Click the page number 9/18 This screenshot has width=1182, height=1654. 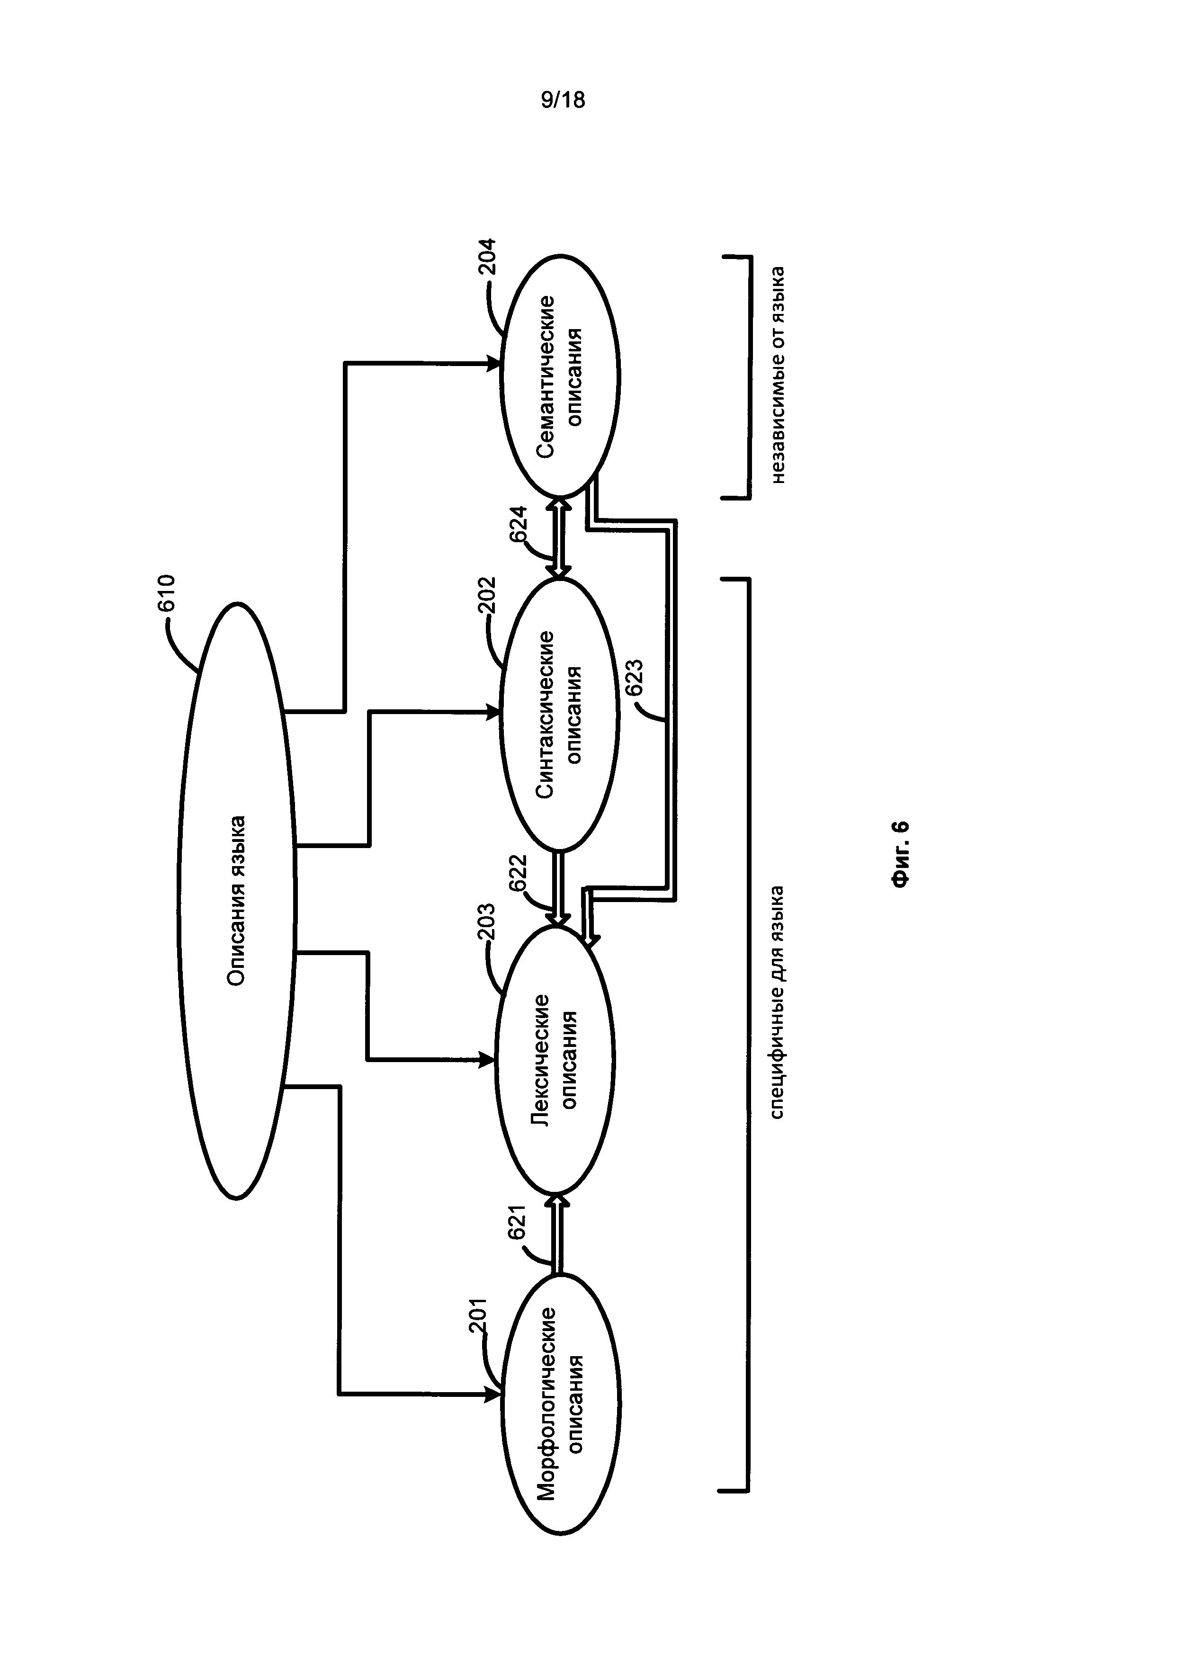[x=563, y=100]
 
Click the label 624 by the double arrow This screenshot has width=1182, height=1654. [x=518, y=524]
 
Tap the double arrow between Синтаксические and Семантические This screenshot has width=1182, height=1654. [x=559, y=536]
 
